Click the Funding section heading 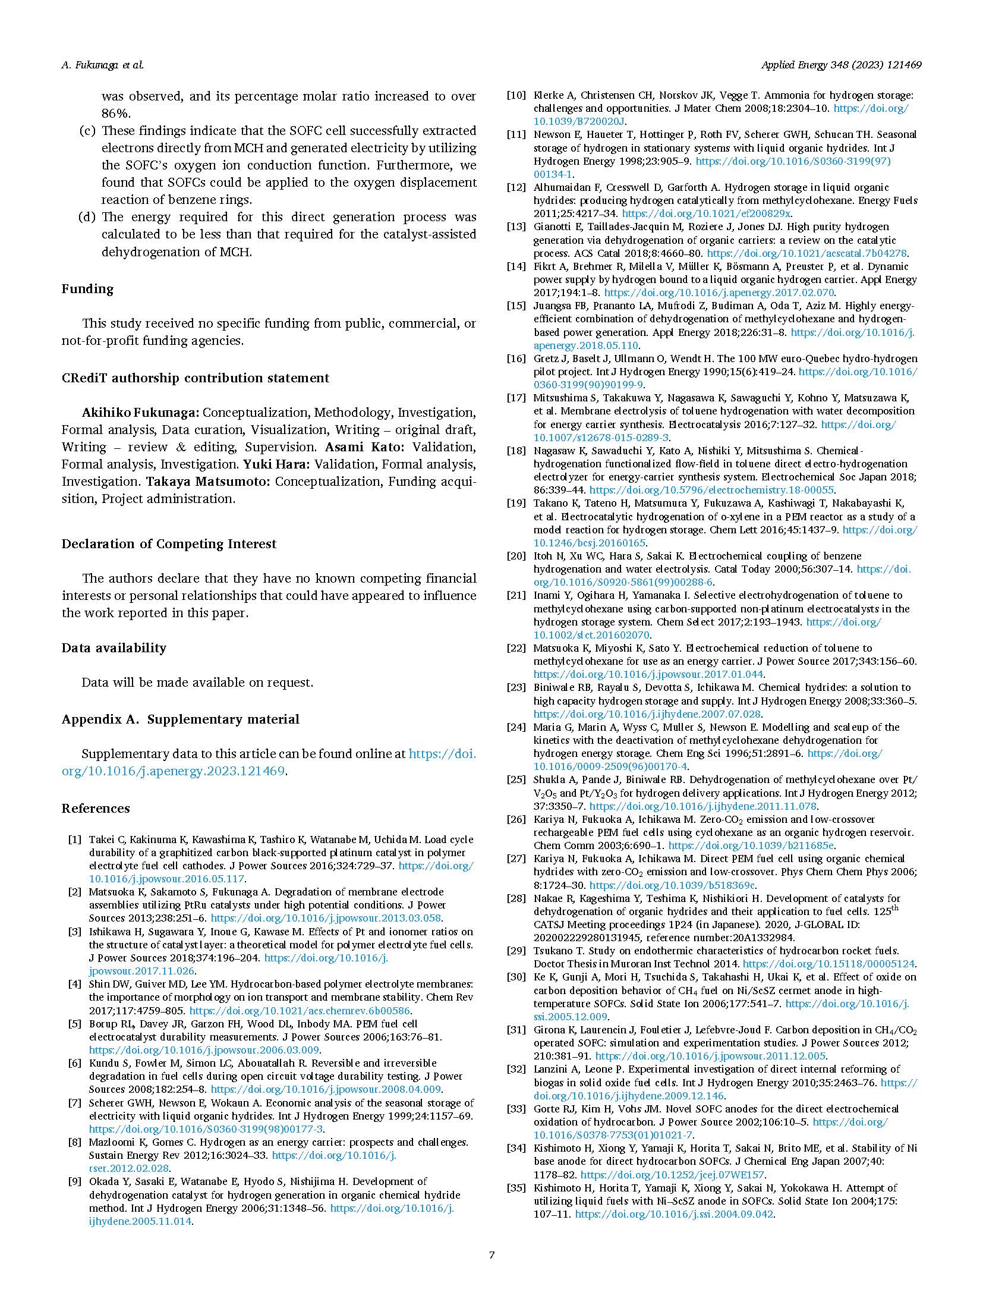click(87, 289)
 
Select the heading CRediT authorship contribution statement click(195, 378)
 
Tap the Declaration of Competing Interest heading click(169, 544)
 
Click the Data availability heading click(114, 648)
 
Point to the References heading click(95, 809)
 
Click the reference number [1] click(74, 840)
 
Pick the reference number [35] click(516, 1188)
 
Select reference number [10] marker click(516, 95)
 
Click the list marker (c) click(87, 131)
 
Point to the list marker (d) click(87, 217)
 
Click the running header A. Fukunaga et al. click(102, 65)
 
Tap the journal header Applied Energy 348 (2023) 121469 click(841, 65)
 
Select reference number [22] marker click(516, 648)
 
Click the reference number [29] click(516, 951)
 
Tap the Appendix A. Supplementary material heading click(180, 719)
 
